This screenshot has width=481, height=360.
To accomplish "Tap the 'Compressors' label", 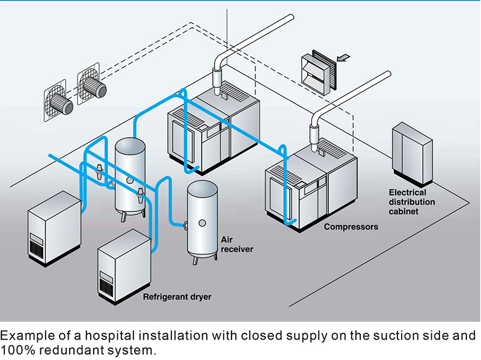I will pyautogui.click(x=351, y=227).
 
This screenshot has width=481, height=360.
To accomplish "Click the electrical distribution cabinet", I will pyautogui.click(x=411, y=154).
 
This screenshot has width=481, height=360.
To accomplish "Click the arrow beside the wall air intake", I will pyautogui.click(x=343, y=58).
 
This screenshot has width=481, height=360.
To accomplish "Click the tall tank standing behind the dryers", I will pyautogui.click(x=130, y=174).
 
